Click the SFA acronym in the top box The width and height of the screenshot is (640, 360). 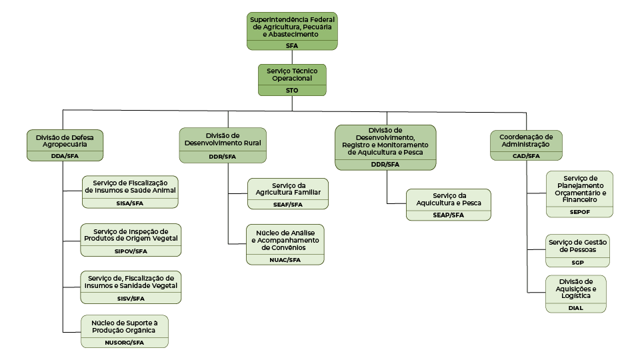[291, 45]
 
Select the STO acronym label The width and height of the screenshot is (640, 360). [292, 90]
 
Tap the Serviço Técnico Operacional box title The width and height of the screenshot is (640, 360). [292, 74]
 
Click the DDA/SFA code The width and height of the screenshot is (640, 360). [65, 156]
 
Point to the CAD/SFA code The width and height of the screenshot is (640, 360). [525, 156]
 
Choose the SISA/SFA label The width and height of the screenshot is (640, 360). [129, 203]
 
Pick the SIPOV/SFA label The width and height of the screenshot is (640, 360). [131, 251]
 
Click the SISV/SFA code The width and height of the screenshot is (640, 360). [129, 299]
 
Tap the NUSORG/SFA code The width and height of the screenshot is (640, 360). [125, 343]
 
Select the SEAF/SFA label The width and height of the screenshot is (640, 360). [287, 205]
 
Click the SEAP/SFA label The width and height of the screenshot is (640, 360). [448, 215]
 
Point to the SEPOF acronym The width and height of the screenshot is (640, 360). [579, 212]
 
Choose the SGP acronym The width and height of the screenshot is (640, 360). [577, 263]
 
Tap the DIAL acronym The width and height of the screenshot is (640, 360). [576, 308]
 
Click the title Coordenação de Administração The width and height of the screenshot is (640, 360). [525, 140]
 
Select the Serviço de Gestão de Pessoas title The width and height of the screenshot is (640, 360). [577, 246]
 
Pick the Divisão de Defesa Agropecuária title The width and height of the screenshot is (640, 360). [65, 140]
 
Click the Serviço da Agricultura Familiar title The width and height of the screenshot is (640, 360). [287, 189]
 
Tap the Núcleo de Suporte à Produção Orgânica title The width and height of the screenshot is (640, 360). [125, 327]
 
